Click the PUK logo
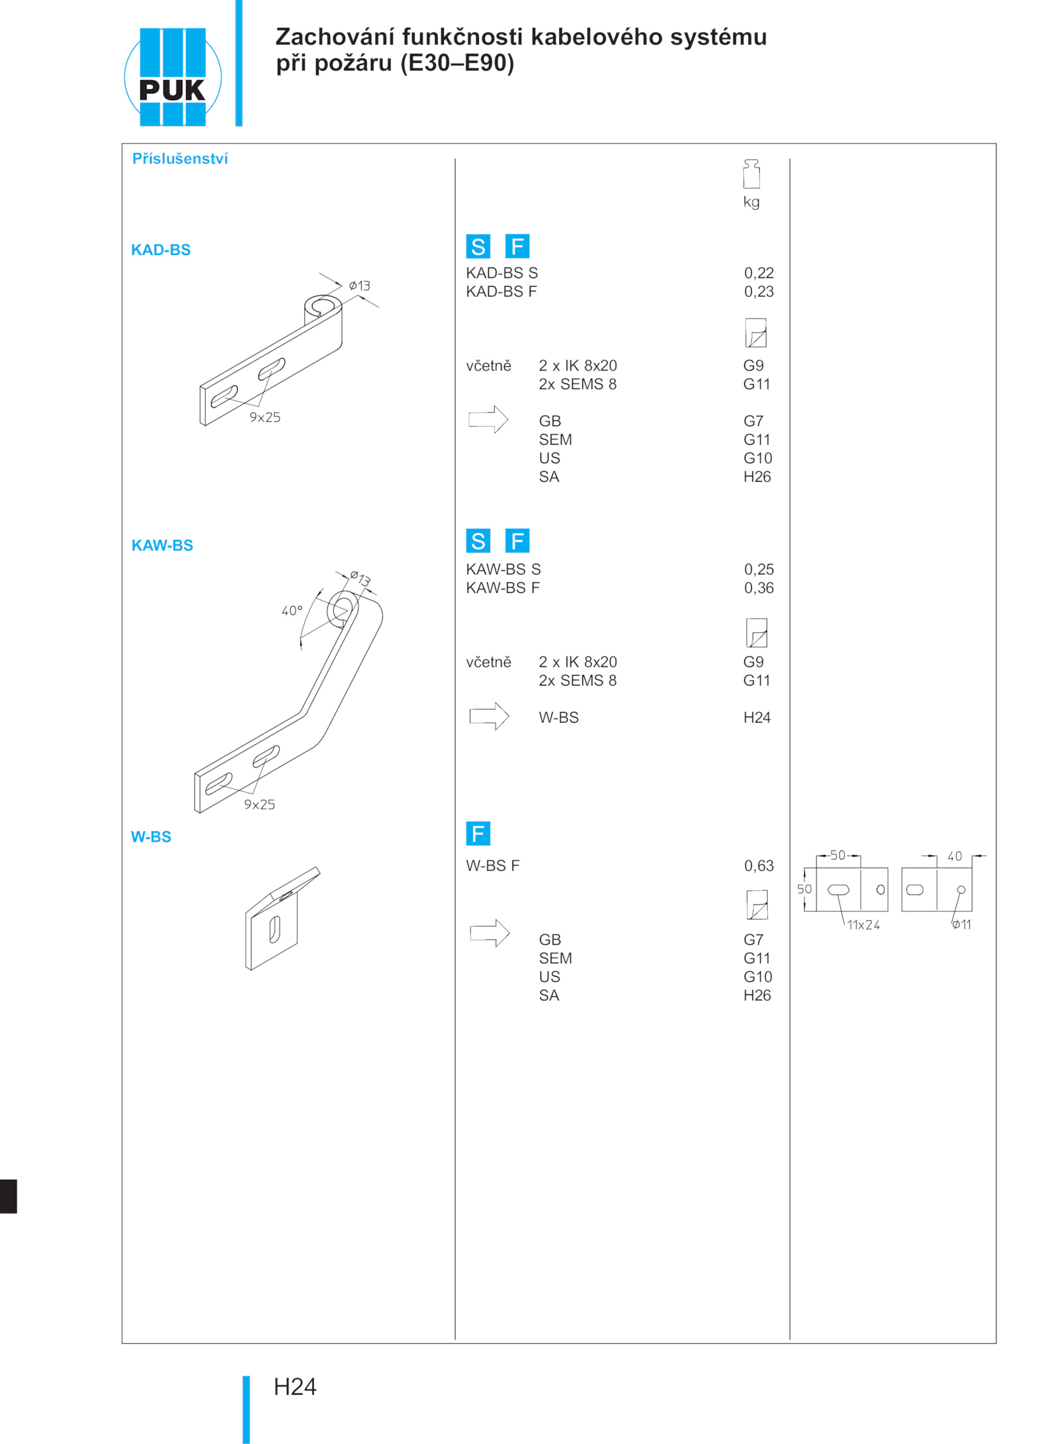(x=172, y=77)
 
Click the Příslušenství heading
(x=180, y=159)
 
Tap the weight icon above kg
(x=751, y=174)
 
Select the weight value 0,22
(x=759, y=273)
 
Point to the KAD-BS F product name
(x=501, y=291)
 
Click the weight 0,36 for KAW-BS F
(x=759, y=588)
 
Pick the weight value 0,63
(x=759, y=866)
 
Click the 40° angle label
(x=292, y=611)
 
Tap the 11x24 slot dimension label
(x=863, y=925)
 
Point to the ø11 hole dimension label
(x=962, y=925)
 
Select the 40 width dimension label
(x=955, y=856)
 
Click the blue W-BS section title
(x=151, y=837)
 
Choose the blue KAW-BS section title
(x=162, y=545)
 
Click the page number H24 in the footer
(x=295, y=1386)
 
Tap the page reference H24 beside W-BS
(x=757, y=717)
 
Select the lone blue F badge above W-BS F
(x=478, y=833)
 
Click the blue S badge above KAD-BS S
(x=478, y=246)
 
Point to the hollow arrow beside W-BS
(x=489, y=716)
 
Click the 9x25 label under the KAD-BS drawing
(x=265, y=417)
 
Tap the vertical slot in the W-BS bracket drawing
(x=274, y=929)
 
